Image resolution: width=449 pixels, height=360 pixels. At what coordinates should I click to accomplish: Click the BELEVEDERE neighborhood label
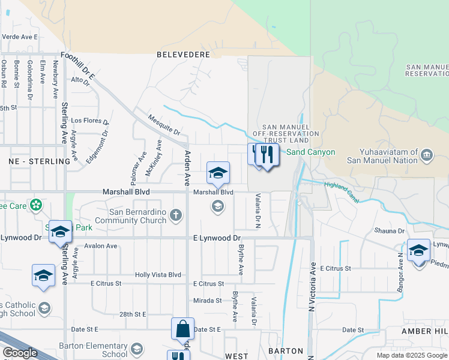tap(183, 54)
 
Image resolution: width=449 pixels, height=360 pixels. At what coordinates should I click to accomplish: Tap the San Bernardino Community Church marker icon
tap(176, 214)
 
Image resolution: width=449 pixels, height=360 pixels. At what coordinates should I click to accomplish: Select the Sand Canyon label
tap(310, 152)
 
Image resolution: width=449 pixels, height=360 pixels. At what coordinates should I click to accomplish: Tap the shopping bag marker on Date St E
tap(182, 329)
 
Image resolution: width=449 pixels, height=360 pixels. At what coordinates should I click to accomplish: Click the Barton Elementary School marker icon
tap(137, 349)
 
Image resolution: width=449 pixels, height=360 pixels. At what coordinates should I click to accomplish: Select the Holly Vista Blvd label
tap(158, 275)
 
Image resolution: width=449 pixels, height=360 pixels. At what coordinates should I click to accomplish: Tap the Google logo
tap(20, 353)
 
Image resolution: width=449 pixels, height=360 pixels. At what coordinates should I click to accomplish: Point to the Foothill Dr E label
tap(78, 64)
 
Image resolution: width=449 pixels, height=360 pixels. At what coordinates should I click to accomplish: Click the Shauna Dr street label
tap(390, 231)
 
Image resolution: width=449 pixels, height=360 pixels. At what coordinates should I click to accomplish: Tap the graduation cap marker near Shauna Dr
tap(418, 250)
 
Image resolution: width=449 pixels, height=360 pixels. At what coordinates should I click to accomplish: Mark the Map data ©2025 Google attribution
tap(411, 355)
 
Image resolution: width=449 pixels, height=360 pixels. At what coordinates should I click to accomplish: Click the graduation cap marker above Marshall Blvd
tap(218, 173)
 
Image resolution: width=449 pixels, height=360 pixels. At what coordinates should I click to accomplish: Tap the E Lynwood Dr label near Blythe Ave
tap(217, 238)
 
